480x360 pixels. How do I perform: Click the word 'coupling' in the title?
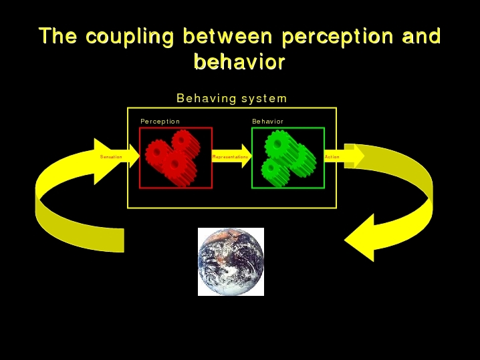130,37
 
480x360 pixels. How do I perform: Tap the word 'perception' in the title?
338,37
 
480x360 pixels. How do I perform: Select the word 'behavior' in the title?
239,61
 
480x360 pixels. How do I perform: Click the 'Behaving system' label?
232,98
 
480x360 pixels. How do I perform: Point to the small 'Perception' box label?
160,122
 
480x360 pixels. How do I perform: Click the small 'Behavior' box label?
268,122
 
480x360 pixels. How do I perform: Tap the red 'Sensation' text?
111,157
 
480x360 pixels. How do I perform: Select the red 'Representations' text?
230,157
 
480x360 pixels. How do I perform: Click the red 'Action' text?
332,157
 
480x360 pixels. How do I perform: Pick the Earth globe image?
231,262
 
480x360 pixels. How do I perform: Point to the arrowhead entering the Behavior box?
247,156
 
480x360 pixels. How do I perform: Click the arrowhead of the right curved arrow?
360,238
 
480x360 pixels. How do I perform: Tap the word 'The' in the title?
58,36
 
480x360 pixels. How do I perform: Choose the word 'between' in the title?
227,36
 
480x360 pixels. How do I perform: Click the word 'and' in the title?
421,36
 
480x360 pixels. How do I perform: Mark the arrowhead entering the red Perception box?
134,156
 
